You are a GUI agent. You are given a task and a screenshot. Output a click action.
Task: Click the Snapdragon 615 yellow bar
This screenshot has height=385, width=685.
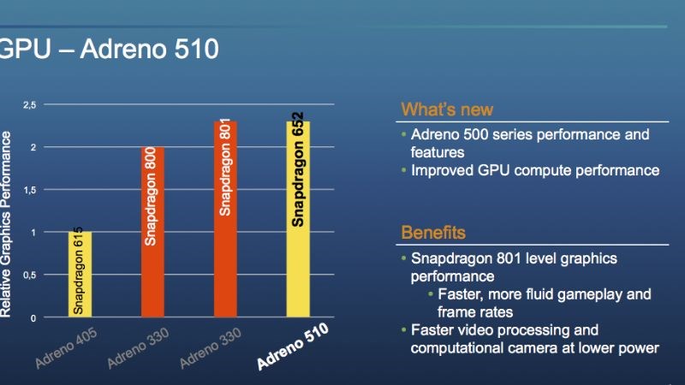click(80, 275)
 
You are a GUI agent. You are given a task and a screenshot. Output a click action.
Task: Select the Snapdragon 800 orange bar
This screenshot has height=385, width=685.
click(152, 232)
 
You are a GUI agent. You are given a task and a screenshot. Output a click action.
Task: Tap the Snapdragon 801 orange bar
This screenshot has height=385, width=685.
click(226, 219)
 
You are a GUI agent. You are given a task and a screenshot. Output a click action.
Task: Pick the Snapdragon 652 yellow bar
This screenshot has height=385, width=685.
click(298, 219)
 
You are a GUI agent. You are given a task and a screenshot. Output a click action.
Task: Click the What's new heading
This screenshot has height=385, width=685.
click(447, 110)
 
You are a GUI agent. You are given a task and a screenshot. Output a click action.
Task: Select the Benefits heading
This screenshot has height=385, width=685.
click(433, 233)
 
